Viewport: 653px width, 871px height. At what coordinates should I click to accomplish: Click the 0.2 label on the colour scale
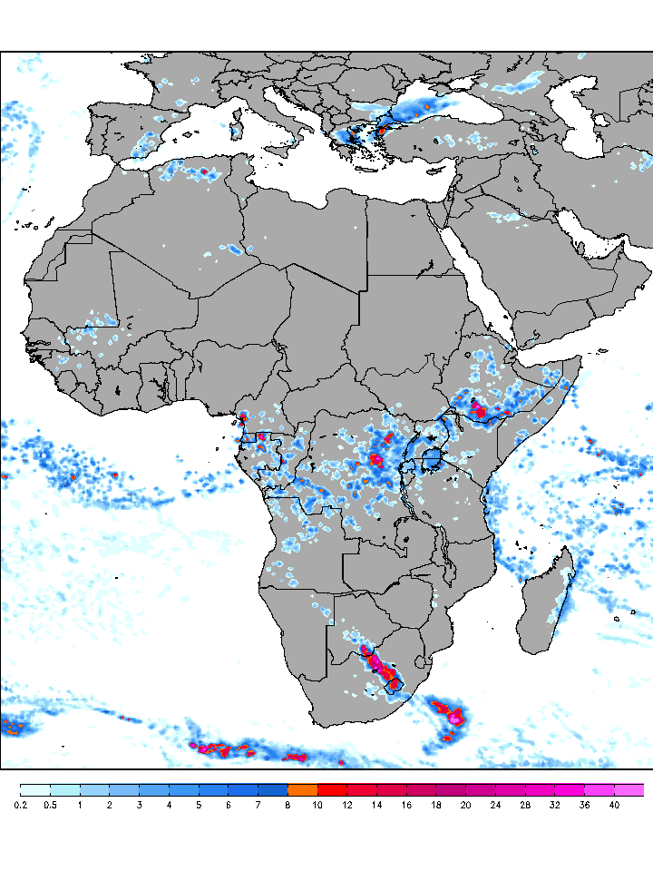pyautogui.click(x=20, y=804)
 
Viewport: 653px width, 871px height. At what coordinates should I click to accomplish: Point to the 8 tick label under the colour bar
pyautogui.click(x=288, y=804)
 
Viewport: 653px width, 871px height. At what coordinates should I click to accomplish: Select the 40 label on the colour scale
pyautogui.click(x=614, y=804)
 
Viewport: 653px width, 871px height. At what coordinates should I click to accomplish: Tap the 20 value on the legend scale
pyautogui.click(x=465, y=804)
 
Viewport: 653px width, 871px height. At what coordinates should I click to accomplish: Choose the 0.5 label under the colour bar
pyautogui.click(x=50, y=804)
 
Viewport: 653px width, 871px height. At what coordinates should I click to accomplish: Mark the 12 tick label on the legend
pyautogui.click(x=347, y=804)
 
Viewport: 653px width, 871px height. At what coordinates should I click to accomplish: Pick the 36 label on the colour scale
pyautogui.click(x=584, y=804)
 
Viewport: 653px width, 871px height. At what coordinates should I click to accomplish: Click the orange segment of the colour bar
pyautogui.click(x=303, y=789)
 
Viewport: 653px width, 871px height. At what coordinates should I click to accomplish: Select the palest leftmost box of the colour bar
pyautogui.click(x=34, y=789)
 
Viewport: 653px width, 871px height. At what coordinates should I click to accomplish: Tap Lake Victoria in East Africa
pyautogui.click(x=433, y=458)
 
